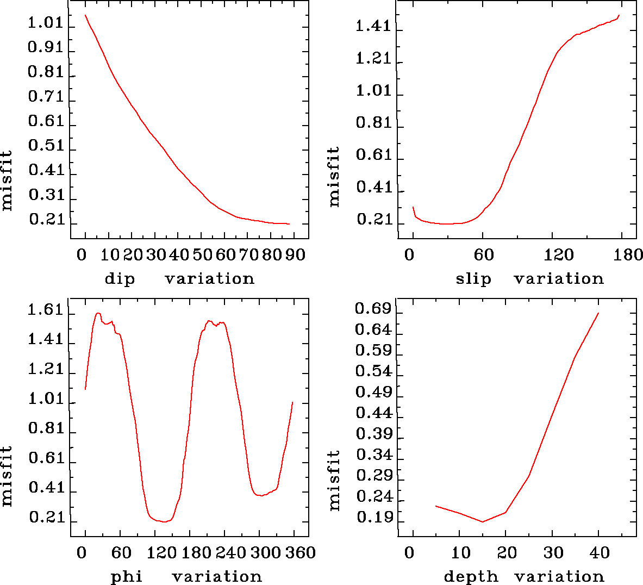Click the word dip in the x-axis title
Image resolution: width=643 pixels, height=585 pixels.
pyautogui.click(x=119, y=279)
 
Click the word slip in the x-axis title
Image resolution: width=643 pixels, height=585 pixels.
pyautogui.click(x=473, y=279)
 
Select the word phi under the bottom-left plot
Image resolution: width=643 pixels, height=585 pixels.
pyautogui.click(x=126, y=577)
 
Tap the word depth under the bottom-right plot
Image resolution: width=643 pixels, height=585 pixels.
pyautogui.click(x=471, y=577)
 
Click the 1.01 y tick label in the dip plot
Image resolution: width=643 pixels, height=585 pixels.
pyautogui.click(x=46, y=24)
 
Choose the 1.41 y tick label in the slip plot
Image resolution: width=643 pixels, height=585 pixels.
pyautogui.click(x=373, y=26)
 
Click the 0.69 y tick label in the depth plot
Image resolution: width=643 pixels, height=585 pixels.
pyautogui.click(x=373, y=309)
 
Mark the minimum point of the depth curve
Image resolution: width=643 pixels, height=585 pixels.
pyautogui.click(x=483, y=522)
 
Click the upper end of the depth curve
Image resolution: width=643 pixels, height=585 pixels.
pyautogui.click(x=598, y=313)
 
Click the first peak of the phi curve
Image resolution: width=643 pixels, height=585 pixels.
pyautogui.click(x=98, y=313)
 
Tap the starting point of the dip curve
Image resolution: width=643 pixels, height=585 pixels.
pyautogui.click(x=85, y=15)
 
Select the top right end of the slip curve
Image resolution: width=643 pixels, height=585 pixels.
pyautogui.click(x=619, y=15)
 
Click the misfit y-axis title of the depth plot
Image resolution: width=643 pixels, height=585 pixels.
pyautogui.click(x=335, y=480)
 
